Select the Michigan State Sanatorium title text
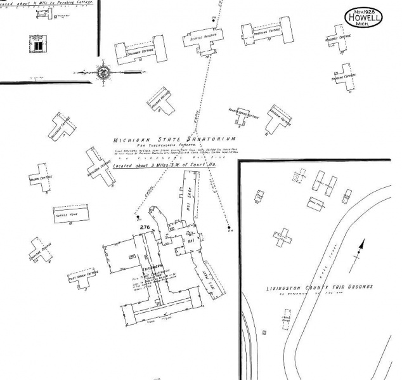click(x=174, y=139)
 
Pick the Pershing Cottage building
click(x=266, y=32)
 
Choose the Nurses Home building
click(x=67, y=214)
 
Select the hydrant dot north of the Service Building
click(x=215, y=20)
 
